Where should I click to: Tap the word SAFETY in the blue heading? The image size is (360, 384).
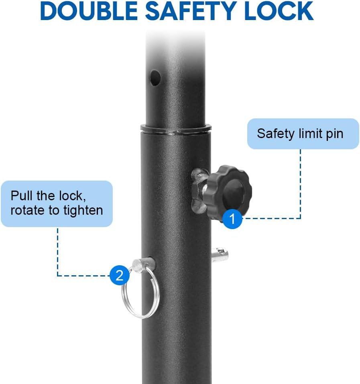click(x=191, y=11)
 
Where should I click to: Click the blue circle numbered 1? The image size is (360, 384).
click(x=232, y=219)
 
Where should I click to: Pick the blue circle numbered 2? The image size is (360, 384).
click(x=120, y=275)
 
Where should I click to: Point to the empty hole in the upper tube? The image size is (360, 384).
click(x=155, y=78)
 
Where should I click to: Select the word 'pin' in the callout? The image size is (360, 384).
click(x=335, y=134)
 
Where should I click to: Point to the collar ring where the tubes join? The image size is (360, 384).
click(x=176, y=128)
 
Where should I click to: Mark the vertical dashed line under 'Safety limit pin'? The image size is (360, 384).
click(x=301, y=184)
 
